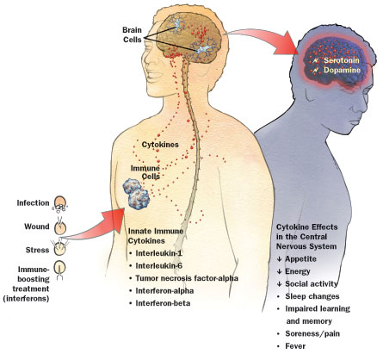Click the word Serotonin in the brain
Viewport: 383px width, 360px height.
pos(342,60)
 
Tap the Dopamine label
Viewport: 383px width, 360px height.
pos(342,70)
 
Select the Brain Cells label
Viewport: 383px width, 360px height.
pos(133,34)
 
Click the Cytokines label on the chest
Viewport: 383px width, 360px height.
pos(160,145)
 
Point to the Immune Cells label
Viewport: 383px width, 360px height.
pos(145,172)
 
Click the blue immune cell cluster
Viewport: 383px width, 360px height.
pos(136,194)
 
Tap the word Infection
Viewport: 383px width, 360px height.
pos(33,203)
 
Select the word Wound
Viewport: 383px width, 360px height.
pos(37,227)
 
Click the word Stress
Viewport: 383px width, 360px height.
pos(37,250)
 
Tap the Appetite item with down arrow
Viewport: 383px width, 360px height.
pos(297,259)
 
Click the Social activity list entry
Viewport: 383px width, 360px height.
pos(307,284)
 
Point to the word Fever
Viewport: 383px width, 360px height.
pos(295,346)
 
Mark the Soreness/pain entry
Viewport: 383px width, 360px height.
pos(312,333)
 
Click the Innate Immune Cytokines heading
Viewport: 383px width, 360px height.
pos(156,236)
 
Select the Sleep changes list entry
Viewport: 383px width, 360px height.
pos(312,296)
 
